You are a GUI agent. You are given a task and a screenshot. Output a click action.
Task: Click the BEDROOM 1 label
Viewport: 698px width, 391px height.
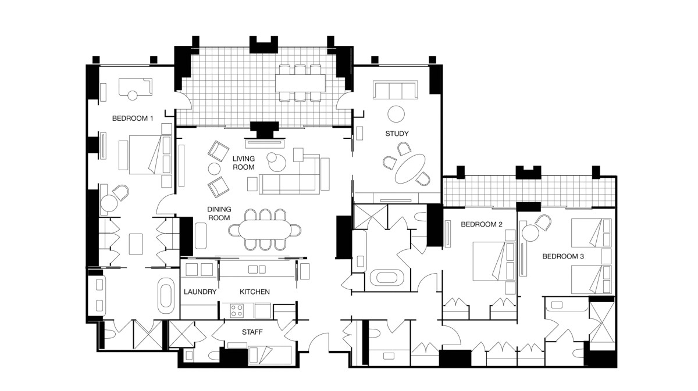[x=133, y=119]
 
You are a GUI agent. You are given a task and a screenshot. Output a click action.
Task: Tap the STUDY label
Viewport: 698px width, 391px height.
[x=397, y=134]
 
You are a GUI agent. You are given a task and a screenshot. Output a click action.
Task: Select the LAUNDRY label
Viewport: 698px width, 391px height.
[x=200, y=292]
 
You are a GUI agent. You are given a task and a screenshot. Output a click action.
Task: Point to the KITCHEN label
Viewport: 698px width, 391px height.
[x=255, y=292]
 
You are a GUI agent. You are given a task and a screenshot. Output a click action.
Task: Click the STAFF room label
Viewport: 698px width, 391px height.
[x=252, y=332]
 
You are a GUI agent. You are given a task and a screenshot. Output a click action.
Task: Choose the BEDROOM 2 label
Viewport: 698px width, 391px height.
[x=482, y=224]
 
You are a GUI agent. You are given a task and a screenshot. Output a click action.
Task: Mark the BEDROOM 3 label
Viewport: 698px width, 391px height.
[x=563, y=256]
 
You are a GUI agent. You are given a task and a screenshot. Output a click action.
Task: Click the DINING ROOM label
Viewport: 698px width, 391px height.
[x=219, y=214]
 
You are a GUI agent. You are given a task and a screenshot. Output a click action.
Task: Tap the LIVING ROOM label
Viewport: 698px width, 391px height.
[x=244, y=163]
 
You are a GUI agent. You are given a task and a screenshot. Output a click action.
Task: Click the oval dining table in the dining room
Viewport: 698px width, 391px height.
[x=265, y=229]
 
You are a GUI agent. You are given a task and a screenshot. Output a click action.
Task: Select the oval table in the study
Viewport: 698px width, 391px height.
[x=409, y=168]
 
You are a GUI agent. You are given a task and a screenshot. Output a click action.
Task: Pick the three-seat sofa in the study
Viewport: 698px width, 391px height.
[x=396, y=90]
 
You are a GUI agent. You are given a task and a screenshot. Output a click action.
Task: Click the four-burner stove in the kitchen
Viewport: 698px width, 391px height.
[x=237, y=310]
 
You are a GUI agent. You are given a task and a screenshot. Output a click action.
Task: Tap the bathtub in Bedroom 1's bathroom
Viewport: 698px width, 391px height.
[x=166, y=296]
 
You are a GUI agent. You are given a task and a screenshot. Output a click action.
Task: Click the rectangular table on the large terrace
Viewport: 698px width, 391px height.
[x=300, y=83]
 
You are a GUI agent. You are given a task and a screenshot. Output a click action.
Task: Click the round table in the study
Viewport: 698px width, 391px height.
[x=396, y=114]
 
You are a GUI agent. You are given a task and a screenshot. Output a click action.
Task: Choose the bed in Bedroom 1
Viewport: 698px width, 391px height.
[x=149, y=155]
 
